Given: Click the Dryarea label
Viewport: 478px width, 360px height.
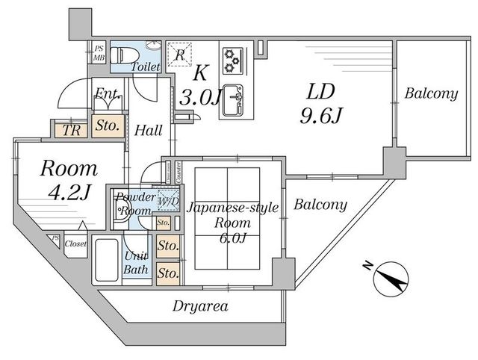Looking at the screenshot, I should click(200, 305).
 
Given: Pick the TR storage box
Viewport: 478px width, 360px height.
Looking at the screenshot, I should click(72, 128).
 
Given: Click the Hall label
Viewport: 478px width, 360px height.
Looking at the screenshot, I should click(149, 131).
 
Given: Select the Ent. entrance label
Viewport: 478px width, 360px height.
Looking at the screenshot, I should click(107, 95).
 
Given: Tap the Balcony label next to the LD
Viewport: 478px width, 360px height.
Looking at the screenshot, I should click(431, 94).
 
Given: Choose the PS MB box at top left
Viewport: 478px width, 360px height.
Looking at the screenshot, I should click(99, 54).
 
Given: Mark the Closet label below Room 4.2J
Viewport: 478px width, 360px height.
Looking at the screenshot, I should click(75, 243).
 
